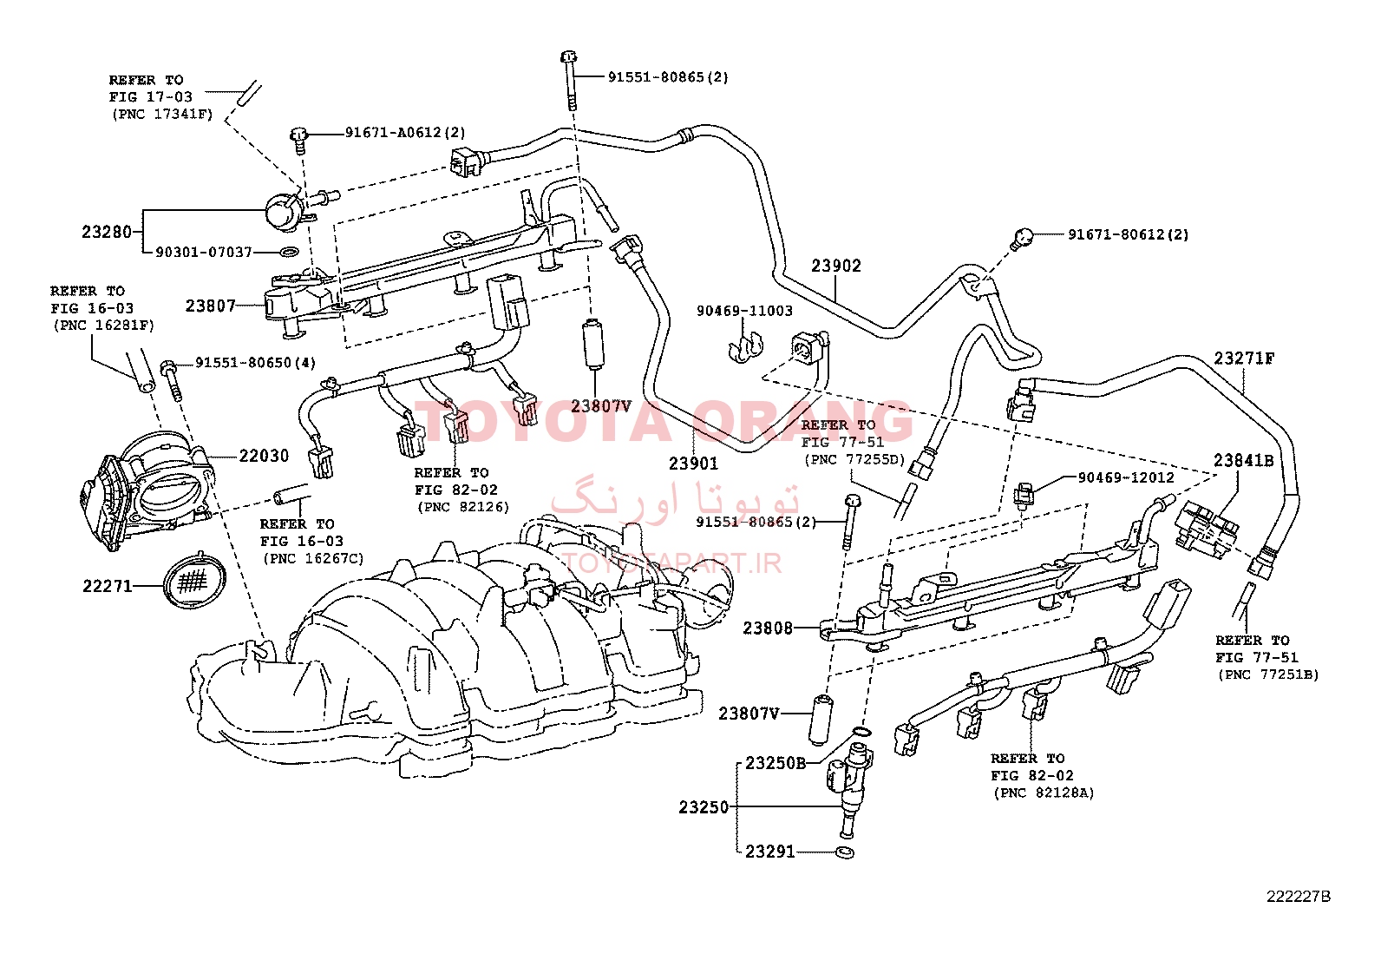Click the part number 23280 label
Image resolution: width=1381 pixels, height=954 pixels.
click(x=107, y=232)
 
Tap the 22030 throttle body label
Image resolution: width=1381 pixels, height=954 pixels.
click(x=264, y=456)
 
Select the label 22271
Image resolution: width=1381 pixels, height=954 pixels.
click(x=108, y=586)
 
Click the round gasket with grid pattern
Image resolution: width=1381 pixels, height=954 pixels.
click(x=195, y=580)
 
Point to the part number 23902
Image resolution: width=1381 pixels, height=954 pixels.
click(x=836, y=266)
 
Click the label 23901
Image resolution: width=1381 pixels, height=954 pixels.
click(x=694, y=464)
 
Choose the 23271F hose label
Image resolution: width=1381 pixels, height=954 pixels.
click(x=1244, y=359)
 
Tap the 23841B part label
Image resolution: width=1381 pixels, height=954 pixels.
click(x=1244, y=460)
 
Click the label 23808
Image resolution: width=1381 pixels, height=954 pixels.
click(x=768, y=628)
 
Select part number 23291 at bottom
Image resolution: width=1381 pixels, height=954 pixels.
click(x=770, y=852)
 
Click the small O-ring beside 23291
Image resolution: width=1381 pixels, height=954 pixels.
click(x=845, y=852)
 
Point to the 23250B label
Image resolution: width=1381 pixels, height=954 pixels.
click(x=776, y=763)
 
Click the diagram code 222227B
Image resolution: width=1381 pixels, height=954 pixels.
click(x=1299, y=914)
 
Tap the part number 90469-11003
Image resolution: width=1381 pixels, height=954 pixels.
click(x=745, y=311)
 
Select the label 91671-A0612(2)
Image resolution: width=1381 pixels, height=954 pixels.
click(x=405, y=133)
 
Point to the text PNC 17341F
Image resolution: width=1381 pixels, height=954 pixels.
click(x=162, y=115)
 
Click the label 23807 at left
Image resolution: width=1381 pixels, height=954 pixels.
click(x=211, y=306)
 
